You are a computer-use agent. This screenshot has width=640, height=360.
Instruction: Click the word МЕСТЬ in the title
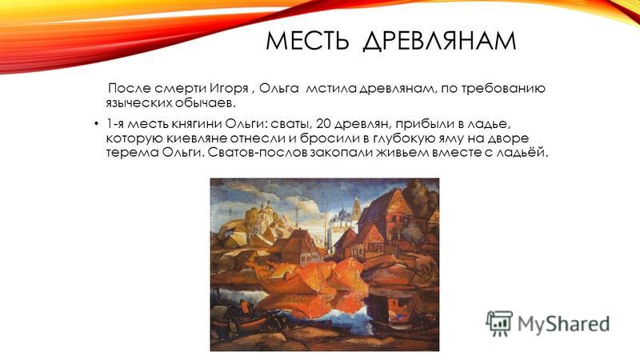(307, 41)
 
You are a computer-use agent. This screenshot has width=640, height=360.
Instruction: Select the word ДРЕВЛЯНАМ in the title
(439, 41)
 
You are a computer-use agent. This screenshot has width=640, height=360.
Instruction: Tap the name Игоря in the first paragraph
(229, 89)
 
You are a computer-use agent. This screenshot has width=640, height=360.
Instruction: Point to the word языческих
(138, 103)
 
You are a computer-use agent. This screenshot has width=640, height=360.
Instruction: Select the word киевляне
(196, 138)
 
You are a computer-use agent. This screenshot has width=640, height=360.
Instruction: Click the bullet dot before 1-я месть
(96, 124)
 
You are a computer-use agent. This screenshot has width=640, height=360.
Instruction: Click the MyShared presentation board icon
(498, 323)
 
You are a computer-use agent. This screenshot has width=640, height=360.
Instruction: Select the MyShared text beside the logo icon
(564, 324)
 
